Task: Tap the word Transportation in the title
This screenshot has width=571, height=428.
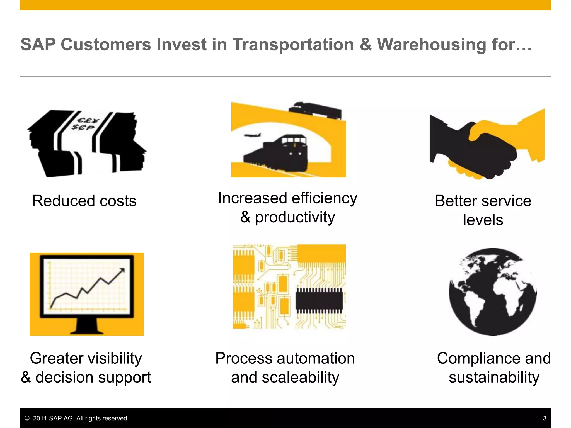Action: tap(293, 45)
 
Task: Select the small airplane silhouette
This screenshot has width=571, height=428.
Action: tap(253, 135)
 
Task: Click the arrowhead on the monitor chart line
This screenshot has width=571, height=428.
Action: tap(122, 270)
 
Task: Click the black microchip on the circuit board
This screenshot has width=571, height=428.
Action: tap(319, 301)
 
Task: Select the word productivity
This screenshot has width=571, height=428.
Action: tap(295, 217)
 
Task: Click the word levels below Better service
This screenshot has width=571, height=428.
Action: tap(483, 220)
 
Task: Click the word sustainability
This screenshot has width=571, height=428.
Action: tap(494, 378)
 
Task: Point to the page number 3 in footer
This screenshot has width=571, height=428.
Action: tap(545, 418)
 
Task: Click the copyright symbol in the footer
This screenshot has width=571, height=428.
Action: tap(27, 419)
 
